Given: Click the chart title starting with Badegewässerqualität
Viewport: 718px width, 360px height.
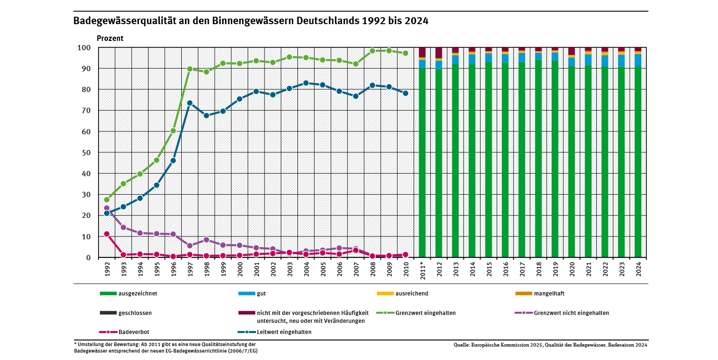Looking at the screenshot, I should pos(250,21).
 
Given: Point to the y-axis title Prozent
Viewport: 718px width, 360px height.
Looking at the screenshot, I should pos(110,38).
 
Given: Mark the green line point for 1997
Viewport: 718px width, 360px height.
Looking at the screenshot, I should pos(190,69).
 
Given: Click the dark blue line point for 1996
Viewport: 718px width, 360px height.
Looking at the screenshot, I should pos(173,160).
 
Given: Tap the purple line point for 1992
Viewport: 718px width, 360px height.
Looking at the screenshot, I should pos(106,208).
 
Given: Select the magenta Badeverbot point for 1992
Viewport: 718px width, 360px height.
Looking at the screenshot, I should pos(106,234).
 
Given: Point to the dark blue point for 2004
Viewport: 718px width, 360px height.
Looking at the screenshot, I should pos(306,83).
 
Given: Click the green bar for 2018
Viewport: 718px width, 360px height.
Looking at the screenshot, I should pos(538,158).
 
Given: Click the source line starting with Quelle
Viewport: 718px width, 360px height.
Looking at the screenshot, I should pos(550,345).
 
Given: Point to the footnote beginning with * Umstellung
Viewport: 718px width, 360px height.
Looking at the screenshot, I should pos(165,347).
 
